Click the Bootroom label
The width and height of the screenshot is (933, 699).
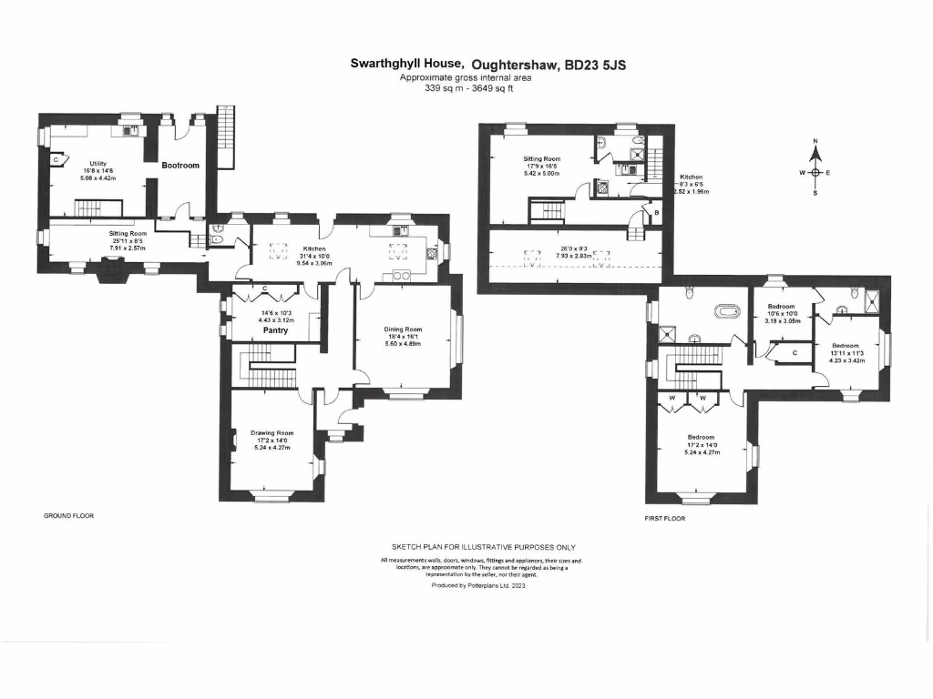pos(180,166)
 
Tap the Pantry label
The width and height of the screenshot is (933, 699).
pos(275,330)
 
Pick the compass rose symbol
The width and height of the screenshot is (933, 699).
pos(815,172)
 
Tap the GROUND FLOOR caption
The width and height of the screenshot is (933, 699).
pos(69,515)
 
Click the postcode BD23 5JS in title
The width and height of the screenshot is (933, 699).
pos(596,65)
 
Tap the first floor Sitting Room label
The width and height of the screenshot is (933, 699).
pos(541,159)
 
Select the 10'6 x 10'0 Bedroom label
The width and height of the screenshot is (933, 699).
pos(781,307)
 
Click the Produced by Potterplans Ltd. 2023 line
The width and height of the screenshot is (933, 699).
pos(478,586)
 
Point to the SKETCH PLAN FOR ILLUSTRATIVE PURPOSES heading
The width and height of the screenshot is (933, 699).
pos(478,546)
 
